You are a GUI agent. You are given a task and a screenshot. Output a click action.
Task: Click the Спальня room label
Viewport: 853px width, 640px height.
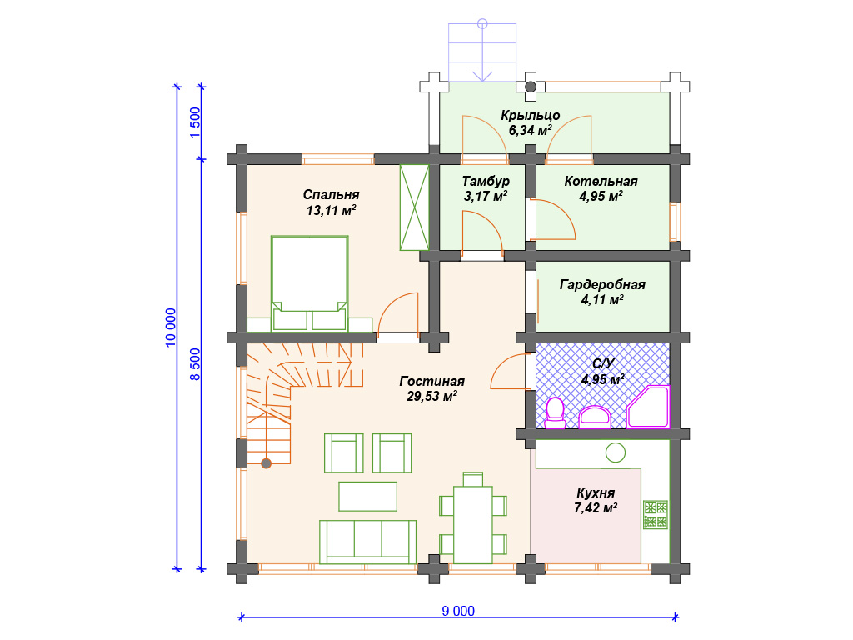[331, 195]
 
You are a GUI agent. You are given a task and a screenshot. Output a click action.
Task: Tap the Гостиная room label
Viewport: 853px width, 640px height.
[432, 381]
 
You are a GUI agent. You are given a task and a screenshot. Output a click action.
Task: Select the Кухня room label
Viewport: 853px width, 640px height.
[596, 493]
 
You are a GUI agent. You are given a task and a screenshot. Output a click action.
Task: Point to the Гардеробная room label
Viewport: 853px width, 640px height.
[602, 285]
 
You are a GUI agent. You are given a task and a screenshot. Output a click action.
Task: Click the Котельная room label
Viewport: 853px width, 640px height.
[601, 181]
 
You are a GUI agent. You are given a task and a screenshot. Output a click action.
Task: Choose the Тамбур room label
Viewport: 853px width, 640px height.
[486, 181]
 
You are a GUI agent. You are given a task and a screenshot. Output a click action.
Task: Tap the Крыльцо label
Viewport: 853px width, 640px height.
[531, 115]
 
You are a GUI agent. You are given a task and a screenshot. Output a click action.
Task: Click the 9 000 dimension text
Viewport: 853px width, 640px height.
[458, 611]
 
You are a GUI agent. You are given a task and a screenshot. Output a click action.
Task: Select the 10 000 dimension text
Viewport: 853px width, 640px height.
[170, 327]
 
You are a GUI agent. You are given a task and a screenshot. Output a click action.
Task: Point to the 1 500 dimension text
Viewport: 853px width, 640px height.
[195, 122]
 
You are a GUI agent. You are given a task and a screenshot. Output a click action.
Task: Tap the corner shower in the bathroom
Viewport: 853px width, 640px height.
[648, 407]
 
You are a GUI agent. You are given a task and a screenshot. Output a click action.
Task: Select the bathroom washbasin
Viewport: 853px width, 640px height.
[595, 417]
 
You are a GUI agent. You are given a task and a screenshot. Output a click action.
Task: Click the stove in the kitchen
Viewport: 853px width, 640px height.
[656, 515]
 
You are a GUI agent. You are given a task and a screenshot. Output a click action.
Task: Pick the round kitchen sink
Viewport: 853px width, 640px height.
[616, 452]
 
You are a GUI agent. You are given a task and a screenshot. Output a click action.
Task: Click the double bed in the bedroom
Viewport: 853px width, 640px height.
[310, 283]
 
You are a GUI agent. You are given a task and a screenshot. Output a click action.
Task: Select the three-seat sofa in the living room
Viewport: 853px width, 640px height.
[367, 542]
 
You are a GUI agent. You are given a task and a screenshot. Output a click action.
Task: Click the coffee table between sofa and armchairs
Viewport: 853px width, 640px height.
[367, 497]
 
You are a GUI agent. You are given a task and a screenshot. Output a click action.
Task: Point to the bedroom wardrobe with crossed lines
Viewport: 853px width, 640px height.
[415, 207]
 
